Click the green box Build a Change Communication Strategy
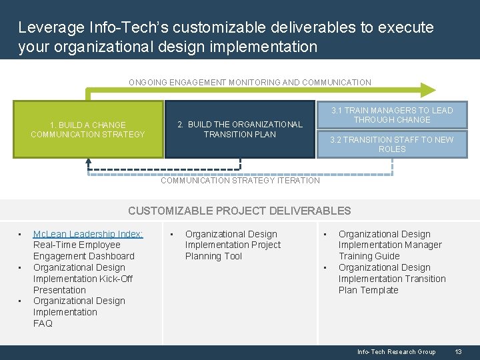(x=88, y=129)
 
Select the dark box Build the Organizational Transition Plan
(x=240, y=129)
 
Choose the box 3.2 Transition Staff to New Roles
(x=393, y=144)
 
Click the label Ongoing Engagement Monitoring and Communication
(x=249, y=83)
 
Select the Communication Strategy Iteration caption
(x=241, y=181)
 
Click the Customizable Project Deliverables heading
(x=239, y=211)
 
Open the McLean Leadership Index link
(x=88, y=234)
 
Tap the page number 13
(x=458, y=352)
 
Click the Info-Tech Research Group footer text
(x=396, y=352)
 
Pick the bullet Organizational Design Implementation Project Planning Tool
(x=233, y=245)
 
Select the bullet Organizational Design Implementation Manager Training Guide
(x=389, y=245)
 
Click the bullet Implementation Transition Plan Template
(x=392, y=279)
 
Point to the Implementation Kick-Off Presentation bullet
(x=83, y=279)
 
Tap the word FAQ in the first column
(x=43, y=323)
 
